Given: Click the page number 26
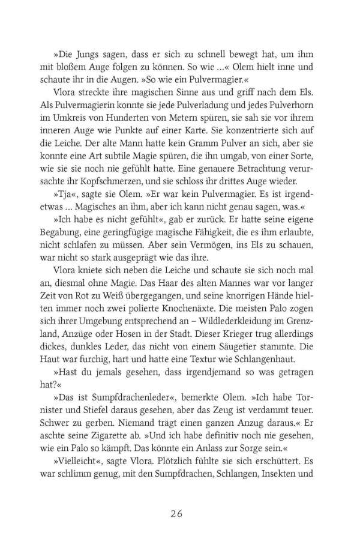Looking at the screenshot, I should pos(180,514).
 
